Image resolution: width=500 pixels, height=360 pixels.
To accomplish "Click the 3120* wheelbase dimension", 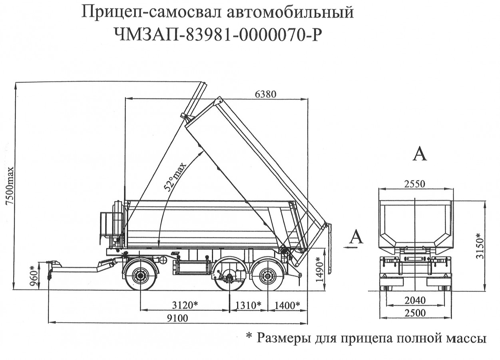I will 185,305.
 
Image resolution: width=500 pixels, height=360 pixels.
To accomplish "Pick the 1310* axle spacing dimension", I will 248,305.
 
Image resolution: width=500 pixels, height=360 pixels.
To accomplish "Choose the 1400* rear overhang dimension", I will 287,305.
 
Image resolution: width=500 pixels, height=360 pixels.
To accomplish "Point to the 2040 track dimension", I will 414,300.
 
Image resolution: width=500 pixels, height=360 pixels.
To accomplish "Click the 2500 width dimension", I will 414,313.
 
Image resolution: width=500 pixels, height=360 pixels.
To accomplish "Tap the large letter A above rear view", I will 419,154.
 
